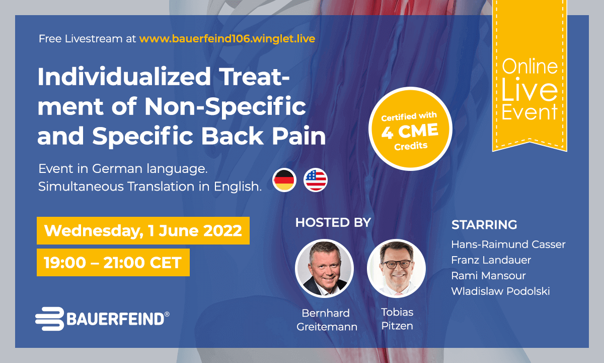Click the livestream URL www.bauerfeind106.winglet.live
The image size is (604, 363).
pos(228,39)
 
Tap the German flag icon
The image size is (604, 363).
pos(284,180)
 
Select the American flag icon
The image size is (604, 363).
pos(316,180)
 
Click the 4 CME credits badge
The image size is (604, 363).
pos(410,129)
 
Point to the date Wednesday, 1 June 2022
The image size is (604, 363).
pos(143,231)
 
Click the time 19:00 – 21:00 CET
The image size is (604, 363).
pos(113,263)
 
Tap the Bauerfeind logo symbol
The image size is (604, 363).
pos(50,319)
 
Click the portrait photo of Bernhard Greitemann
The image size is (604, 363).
pos(324,268)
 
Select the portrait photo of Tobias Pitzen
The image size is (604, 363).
pos(396,268)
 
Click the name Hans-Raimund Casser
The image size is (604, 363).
pos(508,245)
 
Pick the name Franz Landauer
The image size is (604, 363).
pos(491,260)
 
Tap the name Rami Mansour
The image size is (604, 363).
pos(488,276)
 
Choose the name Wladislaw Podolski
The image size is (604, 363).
pos(500,291)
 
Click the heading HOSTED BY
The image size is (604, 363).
pos(333,222)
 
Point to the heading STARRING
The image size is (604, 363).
pos(484,225)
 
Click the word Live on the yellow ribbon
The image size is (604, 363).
pos(530,89)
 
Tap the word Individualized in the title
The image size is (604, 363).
pos(124,77)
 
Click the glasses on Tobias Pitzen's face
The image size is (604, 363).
pos(396,264)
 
